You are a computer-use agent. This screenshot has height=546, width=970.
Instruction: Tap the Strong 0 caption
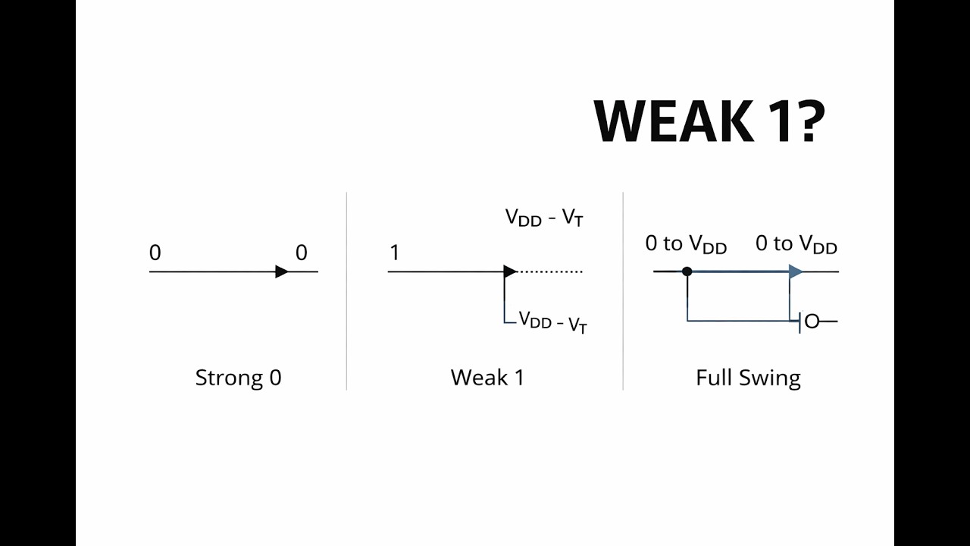[x=238, y=377]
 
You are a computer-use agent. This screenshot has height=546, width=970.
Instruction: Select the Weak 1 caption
[x=487, y=377]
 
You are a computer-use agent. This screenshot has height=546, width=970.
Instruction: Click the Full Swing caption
[x=748, y=377]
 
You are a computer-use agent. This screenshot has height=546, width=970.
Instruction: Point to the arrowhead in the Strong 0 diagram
[x=282, y=271]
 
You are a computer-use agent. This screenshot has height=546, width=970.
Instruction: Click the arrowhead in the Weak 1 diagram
[x=510, y=271]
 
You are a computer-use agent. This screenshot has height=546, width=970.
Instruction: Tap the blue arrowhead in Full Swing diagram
[x=796, y=271]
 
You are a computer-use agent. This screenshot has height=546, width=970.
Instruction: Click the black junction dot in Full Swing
[x=687, y=271]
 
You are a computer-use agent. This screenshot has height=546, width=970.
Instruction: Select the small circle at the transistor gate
[x=812, y=322]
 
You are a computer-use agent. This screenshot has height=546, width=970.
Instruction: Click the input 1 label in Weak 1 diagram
[x=394, y=253]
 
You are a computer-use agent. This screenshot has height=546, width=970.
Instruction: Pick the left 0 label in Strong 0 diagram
[x=155, y=253]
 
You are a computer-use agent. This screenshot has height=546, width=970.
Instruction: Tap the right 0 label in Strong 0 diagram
[x=302, y=253]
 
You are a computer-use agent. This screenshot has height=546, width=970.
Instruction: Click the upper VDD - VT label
[x=544, y=218]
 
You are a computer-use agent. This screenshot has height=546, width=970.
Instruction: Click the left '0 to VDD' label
[x=686, y=244]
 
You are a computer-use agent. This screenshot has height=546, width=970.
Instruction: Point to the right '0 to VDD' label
[x=796, y=244]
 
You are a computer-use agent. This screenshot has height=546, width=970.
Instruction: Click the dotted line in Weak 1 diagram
[x=550, y=271]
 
